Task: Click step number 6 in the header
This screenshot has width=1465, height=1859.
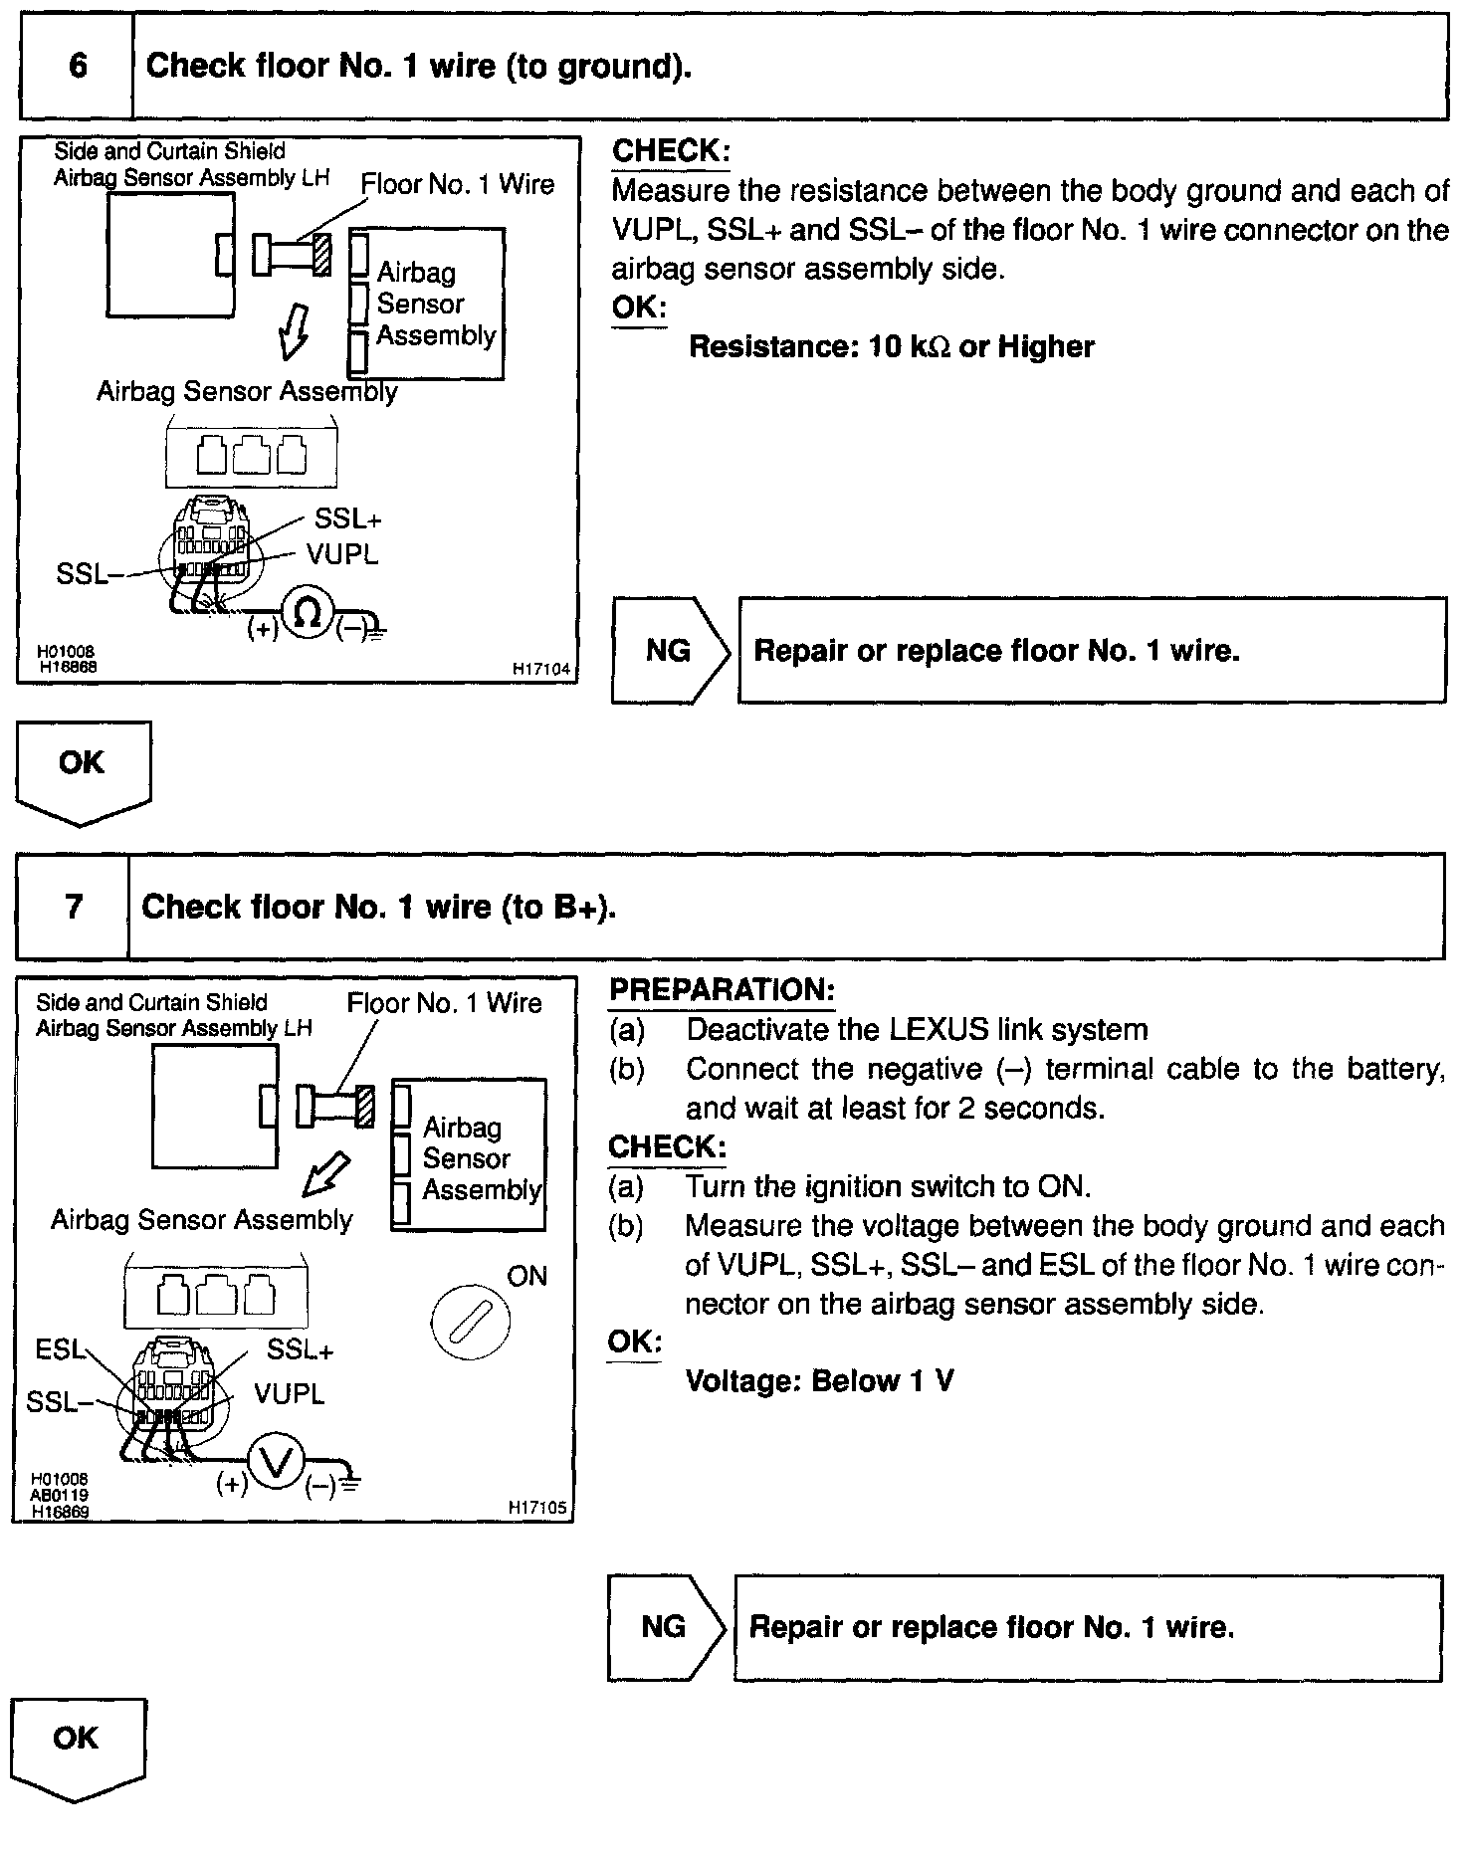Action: (78, 67)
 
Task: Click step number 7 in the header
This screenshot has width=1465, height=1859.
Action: (74, 907)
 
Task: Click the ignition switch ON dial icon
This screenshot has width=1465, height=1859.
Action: (470, 1323)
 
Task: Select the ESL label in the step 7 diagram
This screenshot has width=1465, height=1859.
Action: (60, 1349)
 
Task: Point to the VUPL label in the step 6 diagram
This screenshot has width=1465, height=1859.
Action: (342, 554)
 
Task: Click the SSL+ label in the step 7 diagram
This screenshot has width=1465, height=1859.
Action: (301, 1349)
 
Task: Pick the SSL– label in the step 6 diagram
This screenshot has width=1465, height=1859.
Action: (83, 574)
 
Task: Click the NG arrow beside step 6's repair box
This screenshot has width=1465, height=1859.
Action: (671, 651)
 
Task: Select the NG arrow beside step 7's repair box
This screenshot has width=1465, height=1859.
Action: (666, 1627)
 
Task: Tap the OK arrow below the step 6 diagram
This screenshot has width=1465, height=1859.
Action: (83, 770)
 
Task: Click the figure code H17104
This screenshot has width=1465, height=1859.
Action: (541, 670)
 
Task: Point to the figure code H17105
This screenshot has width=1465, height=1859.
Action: (537, 1508)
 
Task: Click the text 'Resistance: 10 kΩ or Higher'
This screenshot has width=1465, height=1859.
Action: (891, 346)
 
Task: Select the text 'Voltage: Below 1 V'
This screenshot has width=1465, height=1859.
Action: (819, 1381)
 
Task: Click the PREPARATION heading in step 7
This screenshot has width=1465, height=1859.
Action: (722, 990)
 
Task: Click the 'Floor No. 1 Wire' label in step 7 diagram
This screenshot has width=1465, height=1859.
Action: (444, 1003)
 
